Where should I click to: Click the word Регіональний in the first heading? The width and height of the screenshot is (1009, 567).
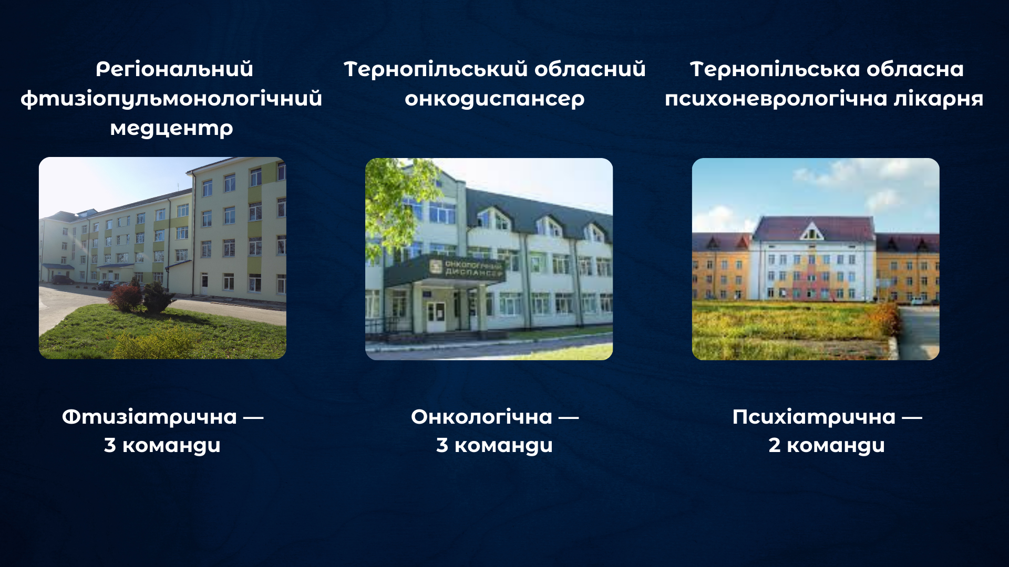[174, 69]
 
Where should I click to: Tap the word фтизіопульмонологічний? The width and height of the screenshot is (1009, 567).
[171, 99]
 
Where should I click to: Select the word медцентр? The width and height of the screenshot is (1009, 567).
[171, 128]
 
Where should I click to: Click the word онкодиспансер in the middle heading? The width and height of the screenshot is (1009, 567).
[494, 99]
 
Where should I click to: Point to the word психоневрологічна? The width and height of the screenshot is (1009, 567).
[776, 99]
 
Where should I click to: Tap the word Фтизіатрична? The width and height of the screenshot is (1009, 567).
[149, 417]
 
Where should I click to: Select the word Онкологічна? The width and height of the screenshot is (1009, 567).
[481, 417]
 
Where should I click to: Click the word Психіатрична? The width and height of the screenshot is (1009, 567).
[814, 417]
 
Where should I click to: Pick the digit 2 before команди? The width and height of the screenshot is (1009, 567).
[774, 445]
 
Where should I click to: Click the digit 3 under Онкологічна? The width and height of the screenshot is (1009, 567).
[442, 445]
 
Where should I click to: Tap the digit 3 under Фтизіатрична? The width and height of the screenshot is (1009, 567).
[110, 445]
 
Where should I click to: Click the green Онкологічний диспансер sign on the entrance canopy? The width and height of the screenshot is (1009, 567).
[467, 268]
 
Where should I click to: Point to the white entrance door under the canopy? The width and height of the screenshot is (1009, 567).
[436, 317]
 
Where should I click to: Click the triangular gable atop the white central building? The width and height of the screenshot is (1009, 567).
[812, 230]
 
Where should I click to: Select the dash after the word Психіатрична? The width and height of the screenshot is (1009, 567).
[912, 418]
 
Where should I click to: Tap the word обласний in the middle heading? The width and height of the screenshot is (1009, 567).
[589, 69]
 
